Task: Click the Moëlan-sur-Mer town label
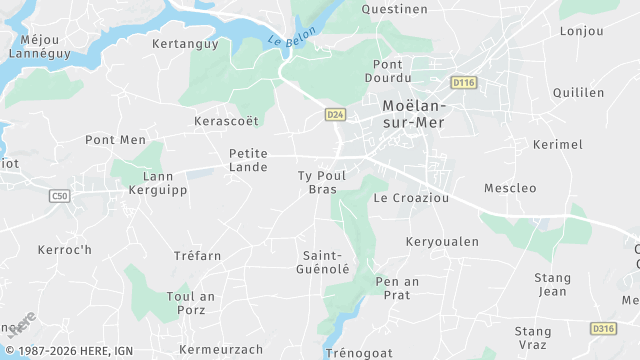point(414,113)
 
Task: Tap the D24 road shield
point(335,115)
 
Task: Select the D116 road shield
point(462,82)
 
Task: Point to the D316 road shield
point(603,328)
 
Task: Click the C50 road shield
point(59,197)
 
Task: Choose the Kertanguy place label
point(184,44)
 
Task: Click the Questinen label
point(395,9)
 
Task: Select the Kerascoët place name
point(226,121)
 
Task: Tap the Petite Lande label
point(249,160)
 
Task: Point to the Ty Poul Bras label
point(322,182)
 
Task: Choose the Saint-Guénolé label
point(326,262)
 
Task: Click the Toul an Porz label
point(191,303)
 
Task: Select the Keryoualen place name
point(442,241)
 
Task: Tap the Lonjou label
point(582,31)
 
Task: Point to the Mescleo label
point(510,188)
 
